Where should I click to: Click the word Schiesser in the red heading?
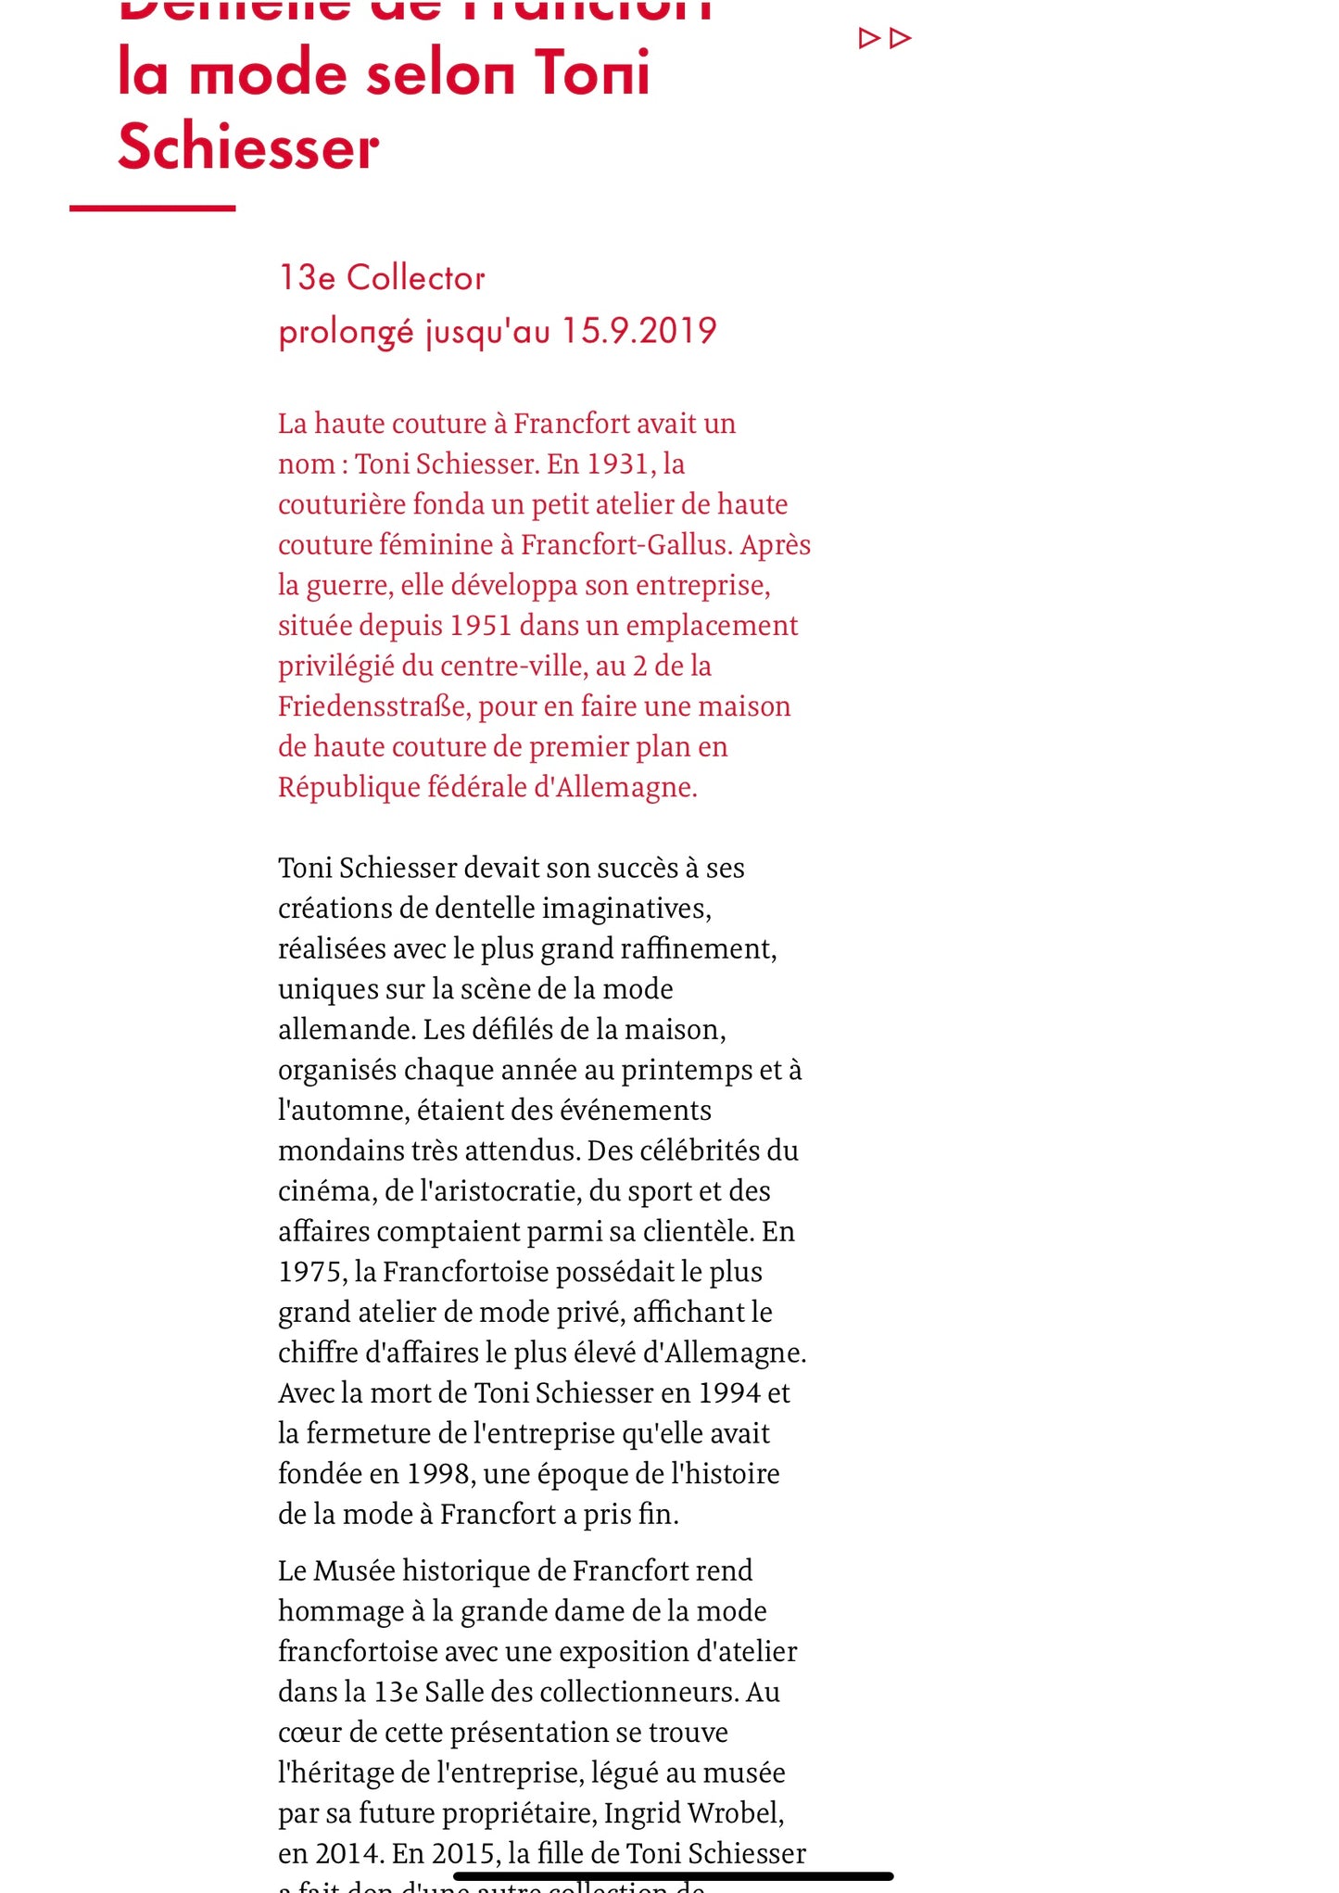click(x=248, y=147)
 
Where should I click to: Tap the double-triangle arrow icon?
click(x=885, y=38)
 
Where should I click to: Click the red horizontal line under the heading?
click(x=152, y=208)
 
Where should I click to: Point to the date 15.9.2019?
click(x=638, y=331)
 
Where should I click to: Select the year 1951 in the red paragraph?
click(x=480, y=626)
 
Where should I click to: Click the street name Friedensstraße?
click(x=373, y=706)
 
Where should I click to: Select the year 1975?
click(x=311, y=1272)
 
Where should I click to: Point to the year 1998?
click(x=438, y=1474)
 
